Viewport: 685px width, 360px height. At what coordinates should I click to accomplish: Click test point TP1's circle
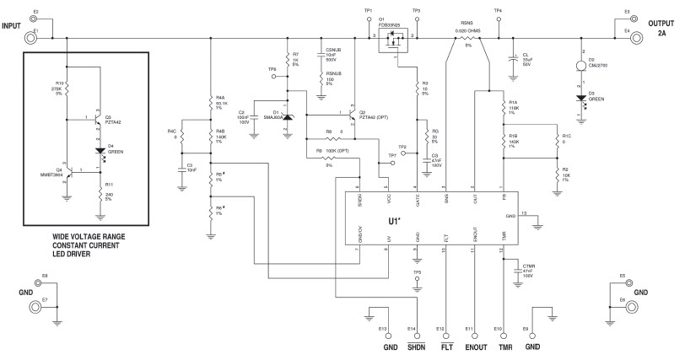368,19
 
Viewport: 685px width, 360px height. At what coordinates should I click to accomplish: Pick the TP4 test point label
498,10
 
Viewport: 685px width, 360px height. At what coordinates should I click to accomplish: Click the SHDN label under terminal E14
416,347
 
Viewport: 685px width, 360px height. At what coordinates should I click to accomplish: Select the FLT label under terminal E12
445,347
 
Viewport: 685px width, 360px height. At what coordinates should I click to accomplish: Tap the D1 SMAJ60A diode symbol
287,118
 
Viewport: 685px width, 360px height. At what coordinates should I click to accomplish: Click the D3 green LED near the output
580,99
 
